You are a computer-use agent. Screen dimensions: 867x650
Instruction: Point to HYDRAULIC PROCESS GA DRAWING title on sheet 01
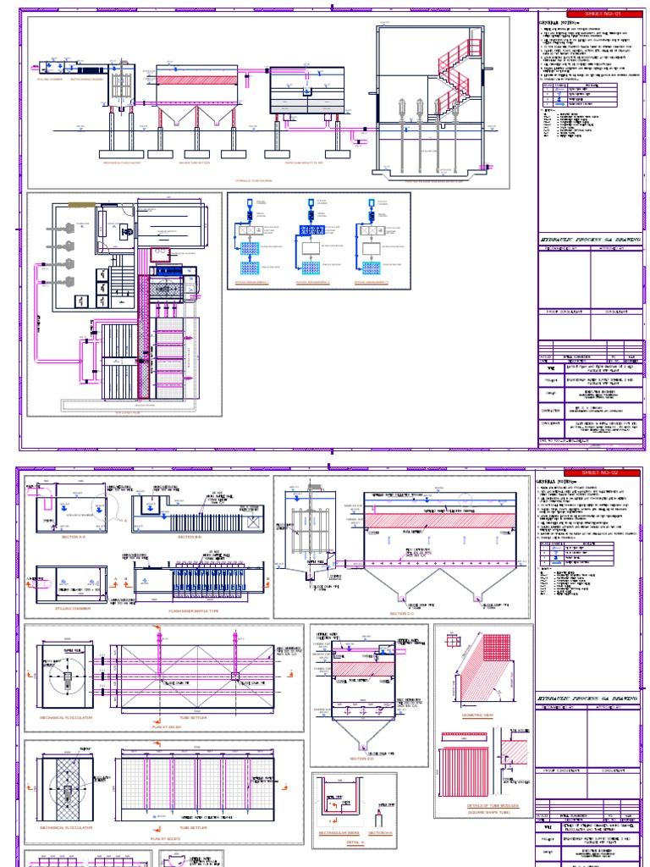[589, 240]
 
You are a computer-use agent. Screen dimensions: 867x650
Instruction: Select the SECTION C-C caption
[405, 613]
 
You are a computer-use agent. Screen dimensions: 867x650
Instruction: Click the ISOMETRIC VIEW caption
[481, 715]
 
